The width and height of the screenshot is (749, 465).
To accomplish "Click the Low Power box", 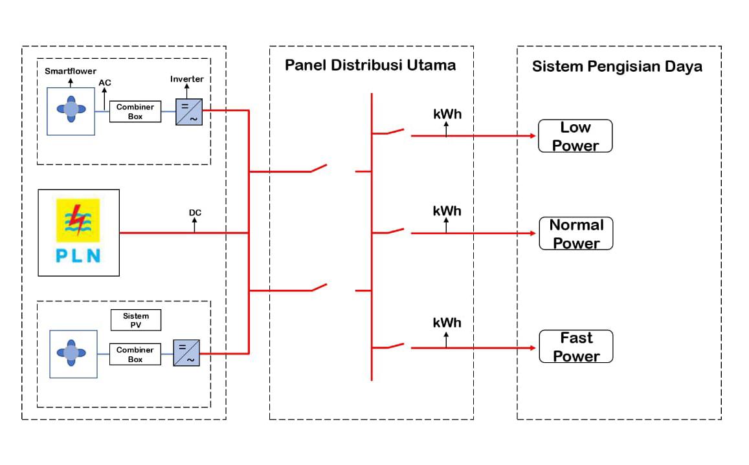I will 575,136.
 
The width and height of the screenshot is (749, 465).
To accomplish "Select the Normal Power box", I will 576,233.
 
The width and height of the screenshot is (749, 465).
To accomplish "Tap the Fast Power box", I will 576,347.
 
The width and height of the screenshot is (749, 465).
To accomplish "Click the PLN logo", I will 78,233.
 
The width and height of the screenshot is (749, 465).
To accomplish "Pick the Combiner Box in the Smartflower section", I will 135,112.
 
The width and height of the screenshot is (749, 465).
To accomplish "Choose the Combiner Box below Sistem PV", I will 135,354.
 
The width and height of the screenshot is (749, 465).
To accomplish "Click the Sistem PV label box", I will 135,320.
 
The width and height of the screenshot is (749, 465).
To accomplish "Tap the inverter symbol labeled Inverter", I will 189,112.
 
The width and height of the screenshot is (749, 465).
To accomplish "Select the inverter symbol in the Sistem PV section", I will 186,354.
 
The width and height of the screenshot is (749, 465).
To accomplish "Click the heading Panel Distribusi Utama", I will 370,65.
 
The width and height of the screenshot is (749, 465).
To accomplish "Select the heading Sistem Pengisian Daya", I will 617,67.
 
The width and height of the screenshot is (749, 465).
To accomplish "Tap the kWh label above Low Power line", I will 447,114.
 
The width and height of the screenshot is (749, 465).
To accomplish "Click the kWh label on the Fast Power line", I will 447,322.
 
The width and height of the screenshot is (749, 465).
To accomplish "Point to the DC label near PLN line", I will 195,213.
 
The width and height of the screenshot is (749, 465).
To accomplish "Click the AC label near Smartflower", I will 105,83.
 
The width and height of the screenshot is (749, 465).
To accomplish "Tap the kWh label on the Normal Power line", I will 447,211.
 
